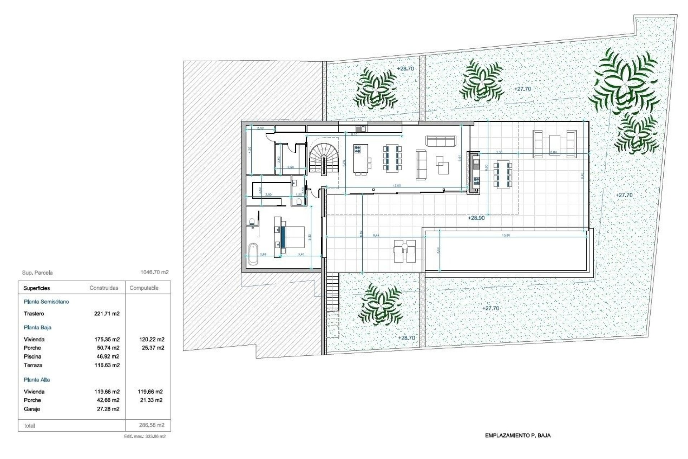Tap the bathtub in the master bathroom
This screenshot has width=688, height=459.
pyautogui.click(x=253, y=254)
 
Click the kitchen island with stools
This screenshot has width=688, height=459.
pyautogui.click(x=361, y=159)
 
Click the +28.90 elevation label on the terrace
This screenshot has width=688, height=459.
pyautogui.click(x=476, y=218)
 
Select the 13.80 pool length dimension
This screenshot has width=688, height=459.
pyautogui.click(x=506, y=236)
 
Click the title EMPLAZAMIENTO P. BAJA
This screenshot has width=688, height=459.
pyautogui.click(x=517, y=436)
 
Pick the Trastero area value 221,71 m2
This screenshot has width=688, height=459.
pyautogui.click(x=107, y=314)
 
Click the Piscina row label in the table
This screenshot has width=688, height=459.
pyautogui.click(x=33, y=356)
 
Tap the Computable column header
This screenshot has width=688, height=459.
pyautogui.click(x=144, y=288)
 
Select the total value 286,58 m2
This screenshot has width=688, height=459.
pyautogui.click(x=152, y=425)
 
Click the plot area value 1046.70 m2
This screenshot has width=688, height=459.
pyautogui.click(x=154, y=272)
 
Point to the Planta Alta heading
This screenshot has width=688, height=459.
pyautogui.click(x=37, y=380)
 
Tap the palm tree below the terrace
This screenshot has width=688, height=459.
pyautogui.click(x=381, y=304)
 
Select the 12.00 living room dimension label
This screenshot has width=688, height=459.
pyautogui.click(x=397, y=186)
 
